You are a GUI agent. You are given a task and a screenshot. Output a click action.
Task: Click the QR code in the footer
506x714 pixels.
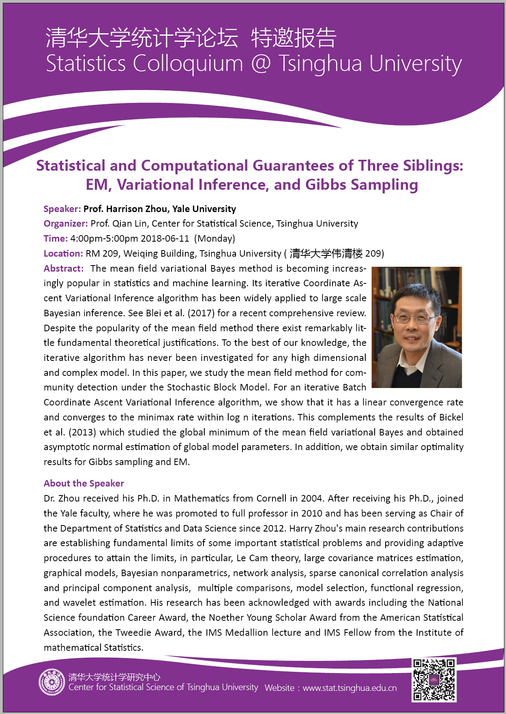tap(434, 680)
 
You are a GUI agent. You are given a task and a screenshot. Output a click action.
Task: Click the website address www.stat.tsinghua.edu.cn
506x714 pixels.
tap(349, 688)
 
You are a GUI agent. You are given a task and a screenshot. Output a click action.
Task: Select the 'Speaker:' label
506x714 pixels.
tap(62, 209)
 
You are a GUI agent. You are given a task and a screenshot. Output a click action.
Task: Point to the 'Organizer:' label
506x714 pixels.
tap(66, 223)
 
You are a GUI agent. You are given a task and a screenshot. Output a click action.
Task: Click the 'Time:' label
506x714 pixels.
tap(56, 238)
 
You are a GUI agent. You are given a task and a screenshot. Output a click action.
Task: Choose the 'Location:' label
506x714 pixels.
tap(63, 253)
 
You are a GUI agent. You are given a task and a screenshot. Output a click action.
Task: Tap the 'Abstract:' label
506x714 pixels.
tap(64, 268)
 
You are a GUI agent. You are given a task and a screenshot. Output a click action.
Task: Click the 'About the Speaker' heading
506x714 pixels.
tap(84, 483)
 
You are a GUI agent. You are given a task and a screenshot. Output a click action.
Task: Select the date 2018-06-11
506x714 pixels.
tap(165, 238)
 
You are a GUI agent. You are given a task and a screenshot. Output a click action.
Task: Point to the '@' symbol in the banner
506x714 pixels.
tap(260, 64)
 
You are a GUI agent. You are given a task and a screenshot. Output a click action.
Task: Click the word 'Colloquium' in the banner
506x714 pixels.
tap(188, 64)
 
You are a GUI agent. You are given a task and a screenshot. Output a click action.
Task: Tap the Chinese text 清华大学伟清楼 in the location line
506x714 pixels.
tap(326, 253)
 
